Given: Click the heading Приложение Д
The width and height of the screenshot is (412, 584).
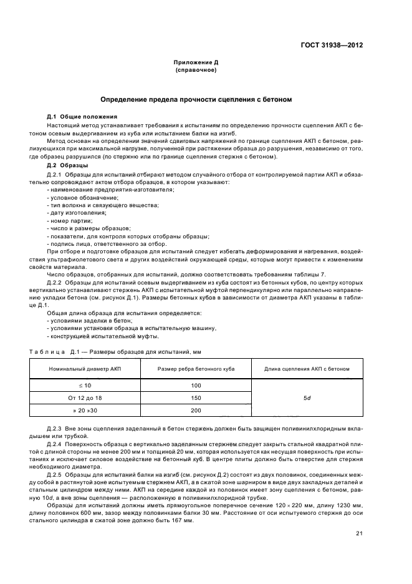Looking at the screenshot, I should [196, 63].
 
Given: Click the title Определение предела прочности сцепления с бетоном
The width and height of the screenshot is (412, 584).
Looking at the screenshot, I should [196, 100].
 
